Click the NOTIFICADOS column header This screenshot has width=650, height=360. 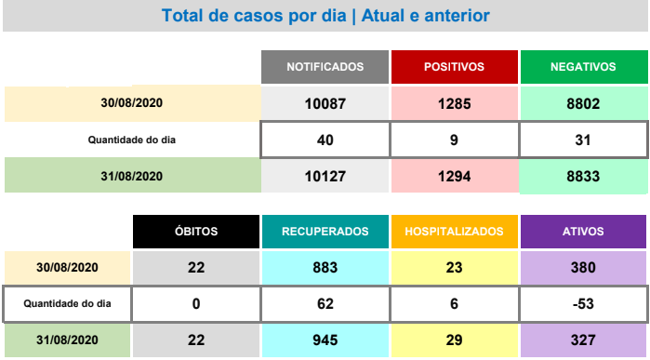(325, 67)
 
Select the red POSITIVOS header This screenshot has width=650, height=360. (455, 67)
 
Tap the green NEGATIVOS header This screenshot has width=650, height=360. (584, 67)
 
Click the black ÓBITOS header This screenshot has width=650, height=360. (196, 232)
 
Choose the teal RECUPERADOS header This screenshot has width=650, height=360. (325, 232)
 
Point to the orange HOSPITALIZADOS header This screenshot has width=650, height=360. (455, 232)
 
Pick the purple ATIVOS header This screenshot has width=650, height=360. (583, 232)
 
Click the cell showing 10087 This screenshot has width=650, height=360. (325, 103)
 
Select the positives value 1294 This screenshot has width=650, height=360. (455, 176)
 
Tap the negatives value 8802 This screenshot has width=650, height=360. (584, 103)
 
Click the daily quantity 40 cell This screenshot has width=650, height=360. (325, 140)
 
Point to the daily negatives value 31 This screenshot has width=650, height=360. (583, 140)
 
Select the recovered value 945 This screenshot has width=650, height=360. (325, 340)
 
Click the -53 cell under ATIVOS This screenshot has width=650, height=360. (583, 303)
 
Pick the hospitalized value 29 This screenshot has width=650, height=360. (455, 340)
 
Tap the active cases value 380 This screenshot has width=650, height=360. (583, 268)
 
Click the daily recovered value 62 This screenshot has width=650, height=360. (325, 303)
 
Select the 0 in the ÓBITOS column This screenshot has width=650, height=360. (196, 303)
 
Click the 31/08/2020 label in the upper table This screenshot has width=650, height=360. (132, 176)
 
